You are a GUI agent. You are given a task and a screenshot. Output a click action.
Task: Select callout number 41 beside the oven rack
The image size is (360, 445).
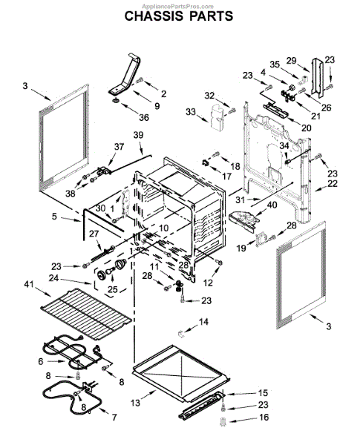29,284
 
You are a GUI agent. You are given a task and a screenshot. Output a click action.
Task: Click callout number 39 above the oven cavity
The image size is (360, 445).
138,134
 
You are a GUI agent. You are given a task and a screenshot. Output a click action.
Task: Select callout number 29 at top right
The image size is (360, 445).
291,60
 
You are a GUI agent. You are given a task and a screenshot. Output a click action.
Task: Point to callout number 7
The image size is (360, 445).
114,418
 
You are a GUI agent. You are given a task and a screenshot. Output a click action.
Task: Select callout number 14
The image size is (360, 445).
204,321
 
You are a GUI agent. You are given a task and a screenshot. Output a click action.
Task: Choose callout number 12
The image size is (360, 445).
208,283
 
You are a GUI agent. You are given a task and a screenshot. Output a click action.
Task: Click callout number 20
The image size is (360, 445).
306,127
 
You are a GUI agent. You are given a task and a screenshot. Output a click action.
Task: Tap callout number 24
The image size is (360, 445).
53,279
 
